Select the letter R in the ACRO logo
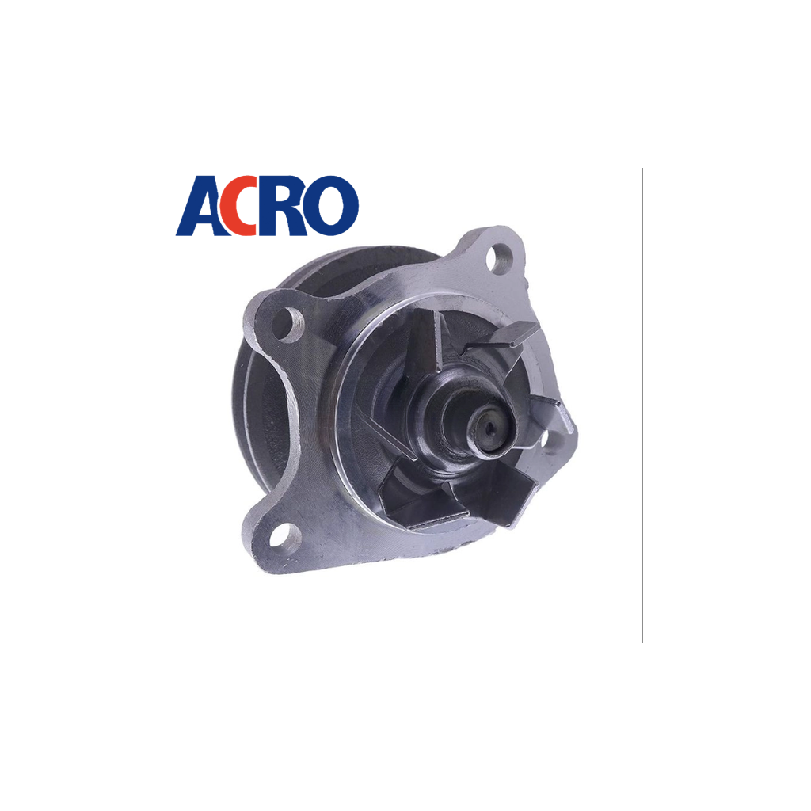coord(286,206)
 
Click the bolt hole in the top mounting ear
coord(500,260)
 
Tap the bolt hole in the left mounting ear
coord(287,324)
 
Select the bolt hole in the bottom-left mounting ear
coord(285,535)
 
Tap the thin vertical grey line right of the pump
coord(642,405)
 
